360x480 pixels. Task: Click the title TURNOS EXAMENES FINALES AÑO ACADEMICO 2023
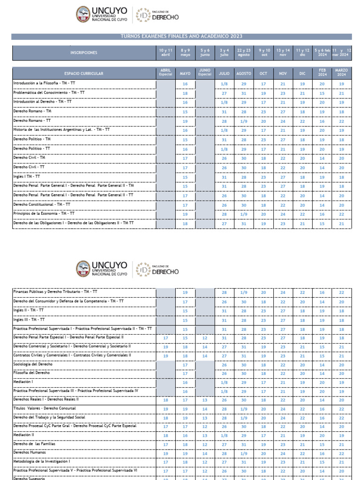point(181,37)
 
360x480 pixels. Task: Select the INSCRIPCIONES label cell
point(84,53)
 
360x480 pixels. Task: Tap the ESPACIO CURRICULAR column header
point(84,74)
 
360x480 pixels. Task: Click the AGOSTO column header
point(244,74)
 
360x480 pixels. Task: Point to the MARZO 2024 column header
point(341,73)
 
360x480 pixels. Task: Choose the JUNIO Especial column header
point(205,73)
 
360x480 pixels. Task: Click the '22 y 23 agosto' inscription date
point(244,52)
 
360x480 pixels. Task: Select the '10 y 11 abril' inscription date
point(165,52)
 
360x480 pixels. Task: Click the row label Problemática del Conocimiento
point(49,92)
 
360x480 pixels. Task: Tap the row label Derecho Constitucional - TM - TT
point(42,204)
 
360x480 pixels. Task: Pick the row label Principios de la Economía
point(44,213)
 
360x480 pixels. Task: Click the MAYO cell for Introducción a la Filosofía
point(185,84)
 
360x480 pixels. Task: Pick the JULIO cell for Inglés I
point(224,177)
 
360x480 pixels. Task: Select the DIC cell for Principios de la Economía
point(302,214)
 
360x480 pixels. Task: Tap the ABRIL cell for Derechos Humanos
point(165,453)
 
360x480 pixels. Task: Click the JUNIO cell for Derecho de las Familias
point(205,444)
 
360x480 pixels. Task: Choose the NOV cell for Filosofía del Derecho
point(283,374)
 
